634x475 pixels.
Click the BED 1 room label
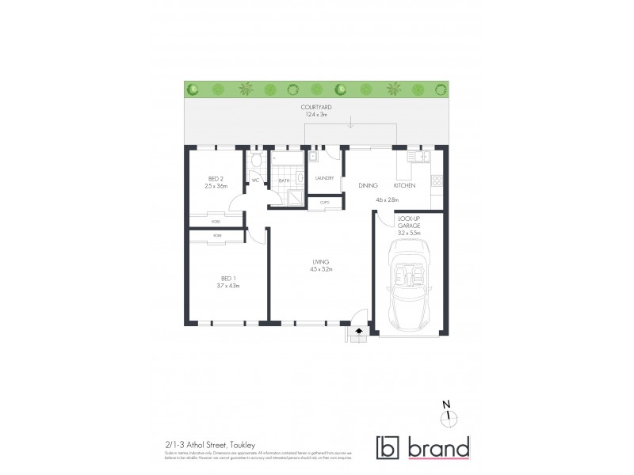[x=227, y=278]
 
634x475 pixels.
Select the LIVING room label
[x=320, y=262]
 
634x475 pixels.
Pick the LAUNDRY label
[x=324, y=179]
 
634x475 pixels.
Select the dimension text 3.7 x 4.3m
[x=227, y=285]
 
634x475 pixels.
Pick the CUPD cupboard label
[x=324, y=203]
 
